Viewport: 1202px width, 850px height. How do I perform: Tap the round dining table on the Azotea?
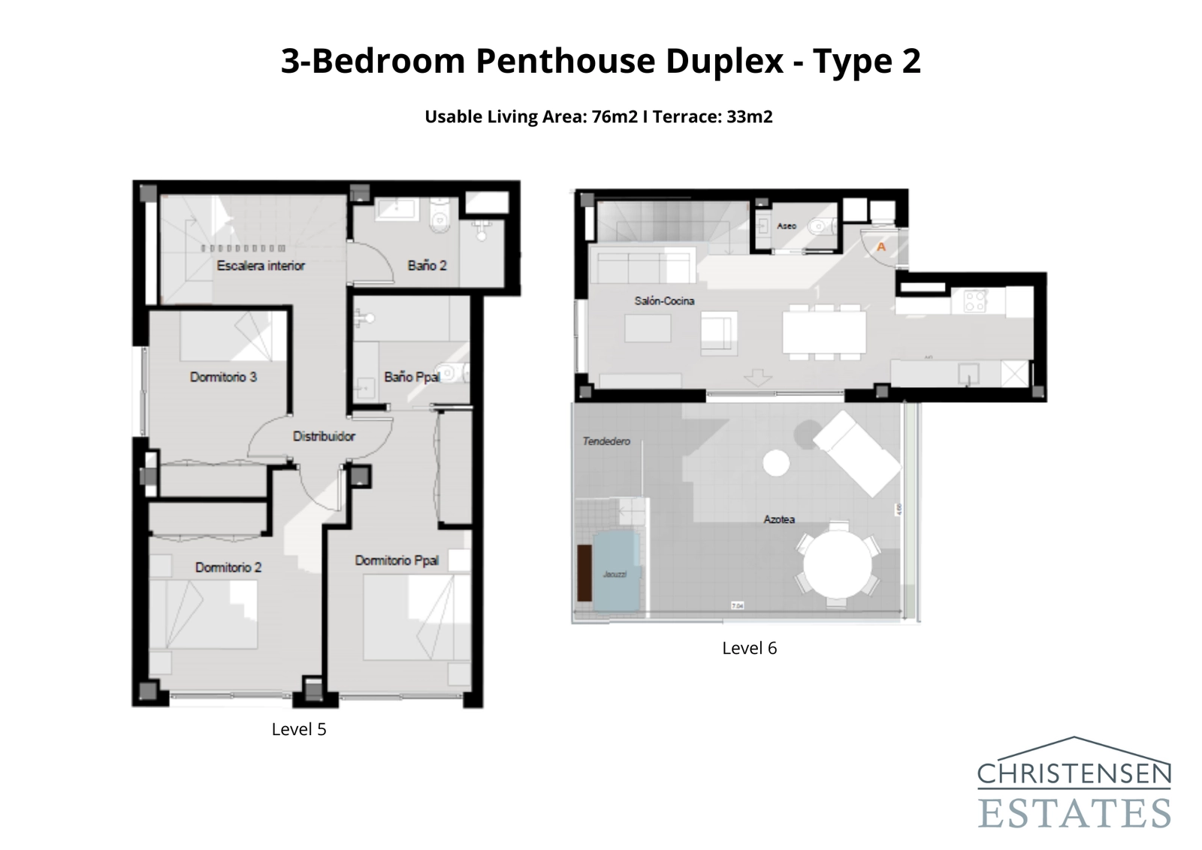point(837,565)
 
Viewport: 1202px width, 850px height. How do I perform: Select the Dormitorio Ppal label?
point(397,561)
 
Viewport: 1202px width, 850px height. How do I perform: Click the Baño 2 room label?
point(427,265)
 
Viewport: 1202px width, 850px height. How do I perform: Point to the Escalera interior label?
point(261,265)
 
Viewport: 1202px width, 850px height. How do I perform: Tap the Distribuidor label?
point(324,436)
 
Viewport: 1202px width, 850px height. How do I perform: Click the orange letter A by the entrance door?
point(881,247)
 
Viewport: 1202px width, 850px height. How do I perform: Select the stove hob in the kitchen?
point(975,301)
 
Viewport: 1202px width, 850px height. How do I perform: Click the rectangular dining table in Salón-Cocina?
point(824,331)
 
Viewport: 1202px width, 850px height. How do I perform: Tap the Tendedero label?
point(606,441)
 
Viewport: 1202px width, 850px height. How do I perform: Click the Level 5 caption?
point(299,729)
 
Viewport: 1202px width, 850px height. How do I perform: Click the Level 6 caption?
point(749,648)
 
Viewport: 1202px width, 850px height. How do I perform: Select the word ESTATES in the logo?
point(1074,812)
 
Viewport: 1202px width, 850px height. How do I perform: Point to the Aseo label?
point(787,225)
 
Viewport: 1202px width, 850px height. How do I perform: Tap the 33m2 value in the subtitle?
point(749,116)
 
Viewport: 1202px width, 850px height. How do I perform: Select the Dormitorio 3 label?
point(223,377)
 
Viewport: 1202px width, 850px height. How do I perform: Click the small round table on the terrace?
point(776,462)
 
